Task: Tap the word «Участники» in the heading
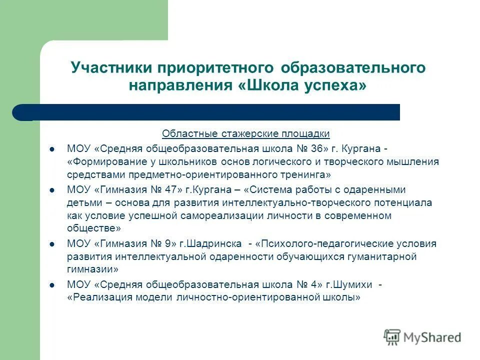tap(112, 67)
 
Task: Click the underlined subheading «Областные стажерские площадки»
tap(245, 134)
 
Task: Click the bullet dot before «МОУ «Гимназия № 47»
tap(52, 190)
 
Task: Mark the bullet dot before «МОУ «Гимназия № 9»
tap(52, 244)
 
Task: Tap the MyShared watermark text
tap(432, 338)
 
